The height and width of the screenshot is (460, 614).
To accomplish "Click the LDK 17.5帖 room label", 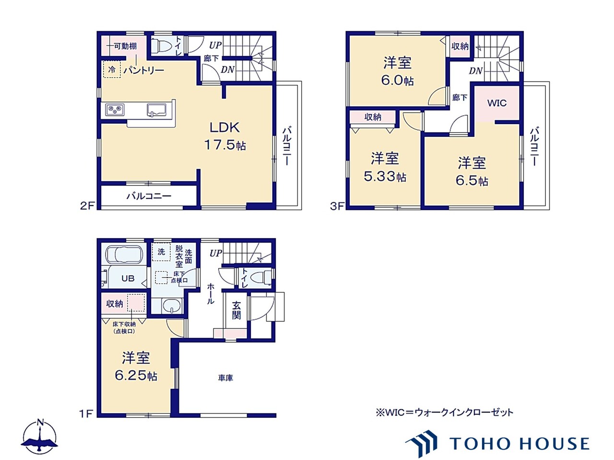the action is tap(225, 137).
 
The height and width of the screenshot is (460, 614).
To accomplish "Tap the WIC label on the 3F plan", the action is tap(497, 103).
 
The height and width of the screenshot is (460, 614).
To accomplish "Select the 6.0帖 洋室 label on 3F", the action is tap(397, 71).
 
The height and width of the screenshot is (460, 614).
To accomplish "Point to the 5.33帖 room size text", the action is tap(385, 176).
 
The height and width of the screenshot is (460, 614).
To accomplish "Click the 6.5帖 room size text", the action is tap(472, 181).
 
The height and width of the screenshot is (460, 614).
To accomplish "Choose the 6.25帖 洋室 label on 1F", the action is tap(136, 367).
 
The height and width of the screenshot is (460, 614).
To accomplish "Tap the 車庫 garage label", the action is tap(225, 378).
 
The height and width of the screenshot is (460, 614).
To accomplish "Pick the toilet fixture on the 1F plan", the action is tap(260, 277).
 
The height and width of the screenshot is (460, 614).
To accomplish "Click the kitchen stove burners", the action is tap(115, 109).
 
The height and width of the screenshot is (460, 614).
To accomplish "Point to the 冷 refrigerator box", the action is tap(112, 69).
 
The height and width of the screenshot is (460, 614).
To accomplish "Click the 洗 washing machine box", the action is tap(161, 252).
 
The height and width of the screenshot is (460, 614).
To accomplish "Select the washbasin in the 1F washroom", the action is tap(170, 306).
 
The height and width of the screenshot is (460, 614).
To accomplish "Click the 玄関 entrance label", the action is tap(236, 310).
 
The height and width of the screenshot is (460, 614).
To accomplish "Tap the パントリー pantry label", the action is tap(144, 70).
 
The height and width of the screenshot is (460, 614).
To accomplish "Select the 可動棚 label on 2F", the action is tap(126, 46).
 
